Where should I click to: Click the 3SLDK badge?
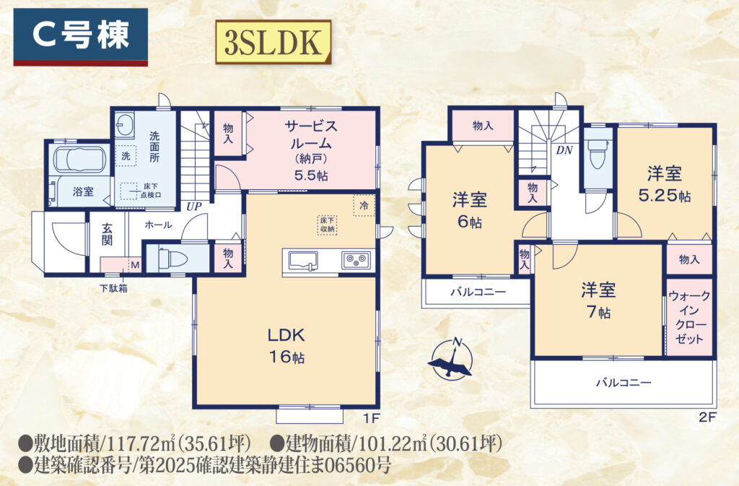(x=274, y=42)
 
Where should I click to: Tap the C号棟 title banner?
(x=81, y=37)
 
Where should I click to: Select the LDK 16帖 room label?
(x=287, y=345)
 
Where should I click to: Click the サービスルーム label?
(x=310, y=134)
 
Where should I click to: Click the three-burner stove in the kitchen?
(x=356, y=260)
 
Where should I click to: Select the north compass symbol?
(x=450, y=359)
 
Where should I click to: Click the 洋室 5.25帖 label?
(x=665, y=184)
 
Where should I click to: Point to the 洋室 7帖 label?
(x=598, y=300)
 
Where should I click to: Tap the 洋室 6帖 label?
(x=469, y=209)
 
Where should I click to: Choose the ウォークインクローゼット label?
(x=689, y=317)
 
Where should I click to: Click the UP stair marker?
(x=193, y=207)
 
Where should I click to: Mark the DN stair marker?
(x=564, y=150)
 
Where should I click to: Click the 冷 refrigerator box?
(x=364, y=206)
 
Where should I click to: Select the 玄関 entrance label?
(x=108, y=234)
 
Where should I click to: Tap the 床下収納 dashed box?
(x=328, y=225)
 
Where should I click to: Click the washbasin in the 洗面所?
(x=124, y=125)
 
